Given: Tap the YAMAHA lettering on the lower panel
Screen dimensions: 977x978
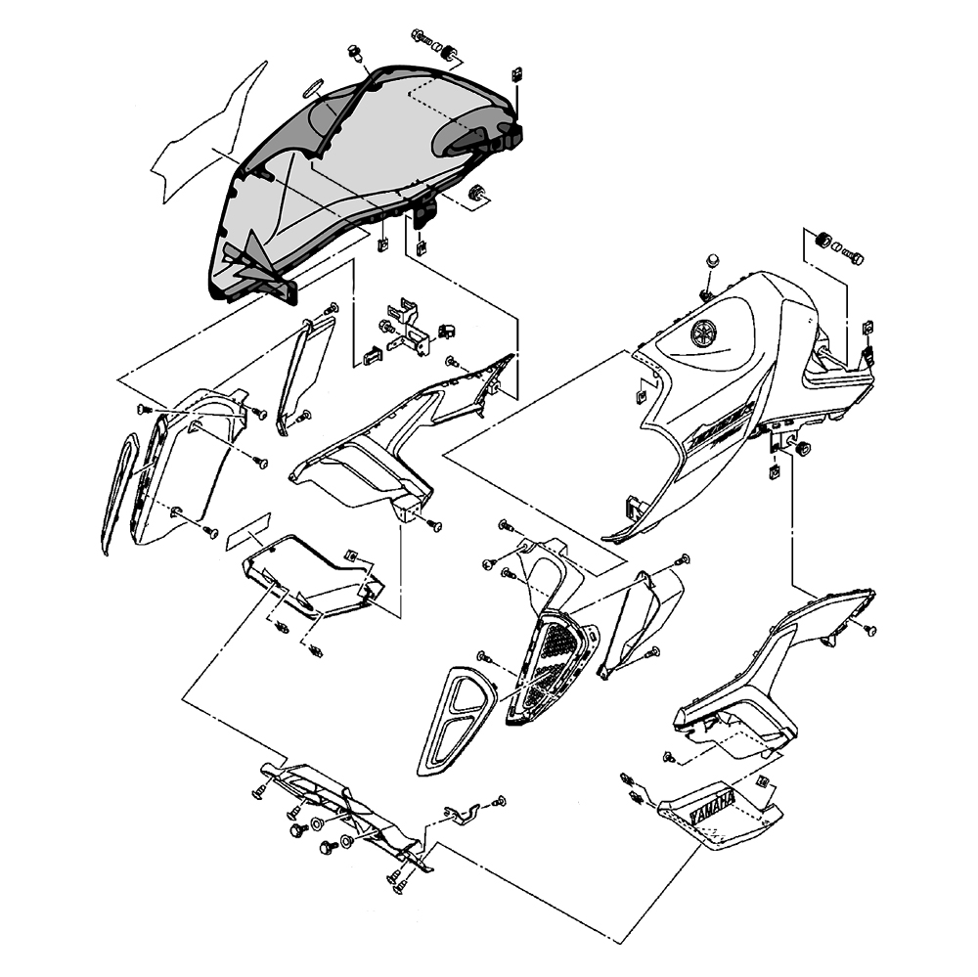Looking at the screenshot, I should click(x=712, y=809).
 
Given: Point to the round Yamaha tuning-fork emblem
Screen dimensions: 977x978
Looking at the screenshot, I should click(x=702, y=333).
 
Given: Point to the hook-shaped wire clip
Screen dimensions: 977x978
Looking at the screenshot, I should click(x=460, y=811).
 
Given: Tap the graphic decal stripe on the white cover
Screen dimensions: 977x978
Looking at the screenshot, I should click(x=714, y=430).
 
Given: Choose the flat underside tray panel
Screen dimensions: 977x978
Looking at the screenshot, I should click(x=313, y=577).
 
